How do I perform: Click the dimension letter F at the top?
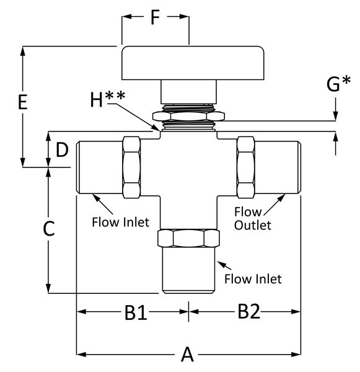tap(155, 17)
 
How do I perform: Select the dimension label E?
tap(23, 102)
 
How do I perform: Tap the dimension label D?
tap(62, 149)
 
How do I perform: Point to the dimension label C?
tap(49, 228)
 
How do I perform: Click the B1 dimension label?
tap(136, 312)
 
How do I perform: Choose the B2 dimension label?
tap(248, 311)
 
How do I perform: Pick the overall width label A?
tap(187, 354)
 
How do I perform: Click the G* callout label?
tap(338, 84)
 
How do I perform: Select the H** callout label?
tap(108, 99)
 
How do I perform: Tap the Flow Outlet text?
tap(253, 218)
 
